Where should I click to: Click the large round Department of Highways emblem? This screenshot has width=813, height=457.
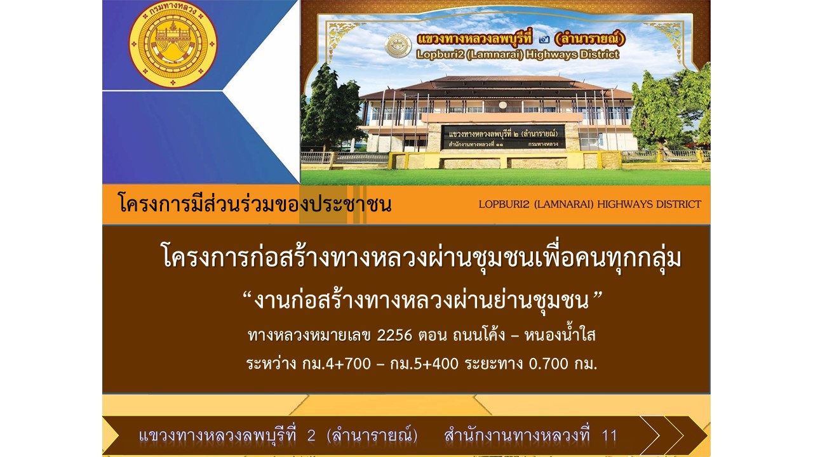[x=173, y=44]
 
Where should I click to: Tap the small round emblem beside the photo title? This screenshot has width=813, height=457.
[x=398, y=46]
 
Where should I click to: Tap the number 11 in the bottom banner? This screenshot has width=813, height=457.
[x=609, y=435]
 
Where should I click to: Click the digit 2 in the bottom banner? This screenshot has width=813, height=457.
[x=311, y=435]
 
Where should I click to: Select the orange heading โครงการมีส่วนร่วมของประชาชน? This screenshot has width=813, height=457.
[x=255, y=204]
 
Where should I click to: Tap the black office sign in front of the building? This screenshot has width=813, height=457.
[x=503, y=136]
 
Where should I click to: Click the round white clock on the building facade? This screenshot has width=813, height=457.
[x=502, y=105]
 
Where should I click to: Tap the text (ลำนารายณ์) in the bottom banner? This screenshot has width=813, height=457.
[x=372, y=435]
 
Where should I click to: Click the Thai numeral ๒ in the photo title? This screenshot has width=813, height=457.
[x=544, y=39]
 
